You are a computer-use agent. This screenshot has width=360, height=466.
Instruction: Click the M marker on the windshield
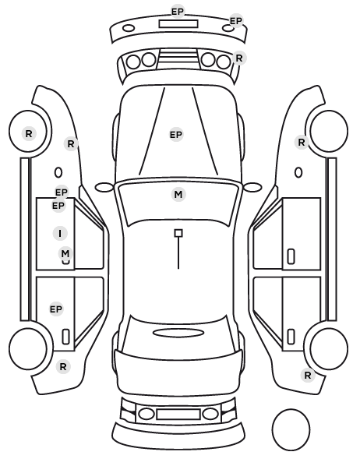(178, 195)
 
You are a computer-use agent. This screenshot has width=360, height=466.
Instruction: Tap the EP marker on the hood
(176, 135)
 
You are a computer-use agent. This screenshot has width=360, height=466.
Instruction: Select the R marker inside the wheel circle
(29, 133)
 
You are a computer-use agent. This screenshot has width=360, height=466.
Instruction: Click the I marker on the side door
(60, 233)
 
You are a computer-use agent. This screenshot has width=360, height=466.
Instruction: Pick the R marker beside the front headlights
(239, 58)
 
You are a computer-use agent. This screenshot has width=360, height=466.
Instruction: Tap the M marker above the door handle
(65, 253)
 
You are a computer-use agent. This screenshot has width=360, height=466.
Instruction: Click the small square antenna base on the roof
(178, 233)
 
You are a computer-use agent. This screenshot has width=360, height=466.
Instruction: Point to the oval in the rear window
(178, 333)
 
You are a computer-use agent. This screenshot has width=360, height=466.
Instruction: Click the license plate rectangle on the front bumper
(178, 24)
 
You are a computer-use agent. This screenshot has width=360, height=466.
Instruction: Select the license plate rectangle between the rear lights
(178, 414)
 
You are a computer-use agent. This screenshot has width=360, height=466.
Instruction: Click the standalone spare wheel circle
(291, 429)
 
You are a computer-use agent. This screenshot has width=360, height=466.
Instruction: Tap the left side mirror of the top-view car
(104, 187)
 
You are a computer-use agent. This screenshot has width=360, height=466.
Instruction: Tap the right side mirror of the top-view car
(252, 187)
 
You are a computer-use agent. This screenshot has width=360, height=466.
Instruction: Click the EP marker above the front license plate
(178, 12)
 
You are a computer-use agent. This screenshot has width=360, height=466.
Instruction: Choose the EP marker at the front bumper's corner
(236, 21)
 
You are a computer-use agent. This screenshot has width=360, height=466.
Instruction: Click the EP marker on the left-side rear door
(56, 309)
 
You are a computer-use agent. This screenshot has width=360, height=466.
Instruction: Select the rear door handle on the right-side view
(291, 337)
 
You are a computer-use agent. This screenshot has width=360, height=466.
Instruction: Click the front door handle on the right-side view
(291, 256)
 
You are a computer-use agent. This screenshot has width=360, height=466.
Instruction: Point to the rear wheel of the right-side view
(329, 348)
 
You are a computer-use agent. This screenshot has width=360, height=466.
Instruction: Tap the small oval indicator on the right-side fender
(298, 173)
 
